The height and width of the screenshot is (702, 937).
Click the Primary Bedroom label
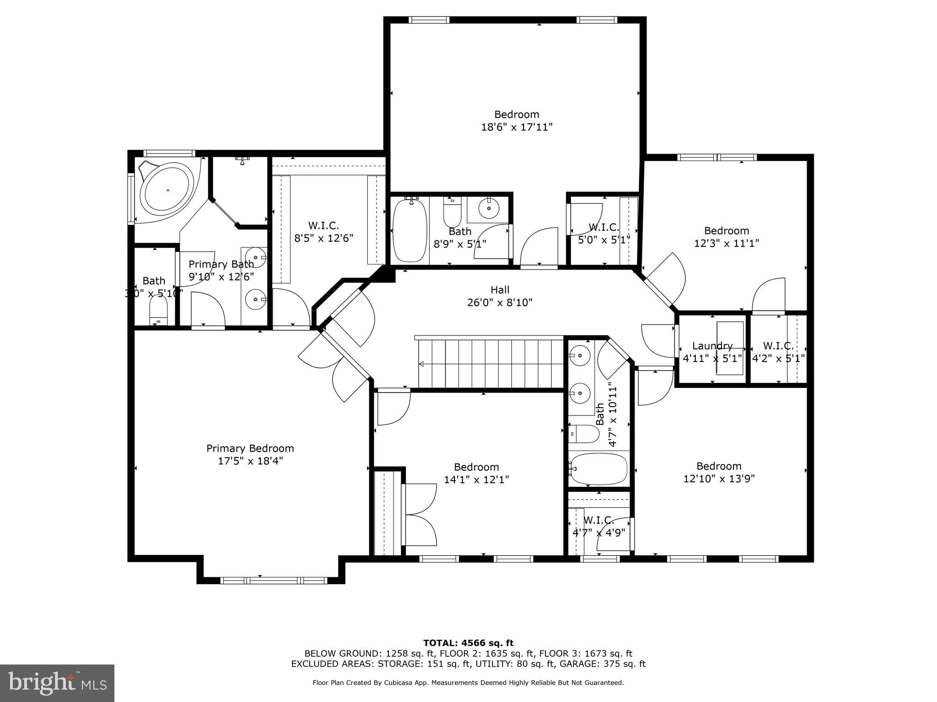[x=250, y=448]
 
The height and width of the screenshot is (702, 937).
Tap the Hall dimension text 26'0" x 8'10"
[x=500, y=303]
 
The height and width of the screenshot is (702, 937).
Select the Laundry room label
[x=712, y=346]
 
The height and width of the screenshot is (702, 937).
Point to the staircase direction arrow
[x=421, y=364]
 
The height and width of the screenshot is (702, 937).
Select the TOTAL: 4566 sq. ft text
[x=468, y=643]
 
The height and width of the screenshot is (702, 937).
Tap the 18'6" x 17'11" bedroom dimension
[x=517, y=127]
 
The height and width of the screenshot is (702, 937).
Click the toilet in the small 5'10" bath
[x=159, y=310]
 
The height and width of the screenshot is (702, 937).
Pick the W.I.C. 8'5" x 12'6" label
[x=323, y=232]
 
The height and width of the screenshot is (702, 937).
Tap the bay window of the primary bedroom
[x=274, y=580]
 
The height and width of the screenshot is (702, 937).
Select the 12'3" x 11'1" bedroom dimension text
[x=726, y=243]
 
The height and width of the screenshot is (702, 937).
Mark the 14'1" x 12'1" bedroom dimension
[x=476, y=479]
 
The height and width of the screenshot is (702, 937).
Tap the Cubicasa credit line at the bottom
[x=468, y=682]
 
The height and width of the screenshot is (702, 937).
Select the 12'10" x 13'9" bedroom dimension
[x=718, y=479]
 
